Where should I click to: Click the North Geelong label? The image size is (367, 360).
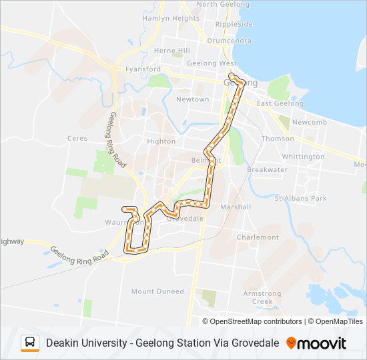coord(217,4)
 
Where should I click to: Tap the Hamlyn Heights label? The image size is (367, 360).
coord(171,19)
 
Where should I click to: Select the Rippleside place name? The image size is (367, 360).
coord(234,24)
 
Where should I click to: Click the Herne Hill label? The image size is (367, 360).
coord(172,51)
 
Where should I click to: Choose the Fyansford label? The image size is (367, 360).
coord(143,69)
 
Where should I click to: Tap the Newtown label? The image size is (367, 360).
coord(192,99)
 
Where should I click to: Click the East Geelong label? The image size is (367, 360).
coord(280,103)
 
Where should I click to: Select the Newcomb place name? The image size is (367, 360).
coord(308,123)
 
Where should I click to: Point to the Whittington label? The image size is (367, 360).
coord(303,157)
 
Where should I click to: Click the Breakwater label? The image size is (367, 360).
coord(267,169)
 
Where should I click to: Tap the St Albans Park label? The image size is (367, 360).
coord(301,198)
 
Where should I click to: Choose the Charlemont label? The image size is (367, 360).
coord(258,237)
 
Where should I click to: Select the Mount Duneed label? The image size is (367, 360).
coord(157,291)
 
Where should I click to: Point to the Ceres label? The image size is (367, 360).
coord(77,139)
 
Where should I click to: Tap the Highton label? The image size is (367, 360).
coord(161,141)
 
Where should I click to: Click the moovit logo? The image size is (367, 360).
coord(316,343)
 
